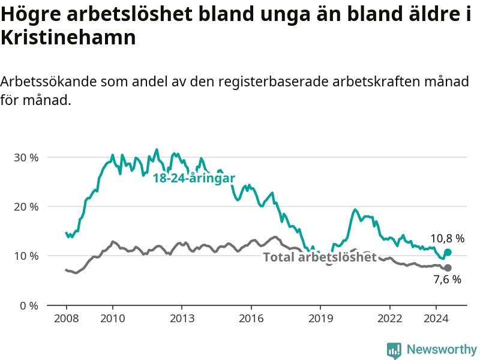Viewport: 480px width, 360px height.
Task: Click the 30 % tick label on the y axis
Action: tap(26, 158)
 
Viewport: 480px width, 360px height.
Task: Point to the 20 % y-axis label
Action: tap(26, 207)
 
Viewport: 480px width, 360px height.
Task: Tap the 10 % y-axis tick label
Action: tap(26, 256)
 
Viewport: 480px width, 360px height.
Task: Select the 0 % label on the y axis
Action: tap(29, 305)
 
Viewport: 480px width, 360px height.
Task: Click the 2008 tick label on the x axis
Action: tap(67, 319)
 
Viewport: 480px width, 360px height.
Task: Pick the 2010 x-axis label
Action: tap(113, 319)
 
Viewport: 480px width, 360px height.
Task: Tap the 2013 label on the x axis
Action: tap(182, 319)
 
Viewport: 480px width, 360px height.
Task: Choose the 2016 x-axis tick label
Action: tap(251, 319)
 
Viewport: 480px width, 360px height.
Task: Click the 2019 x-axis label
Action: tap(320, 319)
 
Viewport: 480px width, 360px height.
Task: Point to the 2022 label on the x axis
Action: tap(389, 319)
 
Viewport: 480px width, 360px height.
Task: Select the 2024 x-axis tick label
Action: tap(436, 319)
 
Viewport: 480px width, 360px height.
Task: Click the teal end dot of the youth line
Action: tap(448, 252)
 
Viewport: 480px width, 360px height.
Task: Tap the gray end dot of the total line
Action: tap(448, 268)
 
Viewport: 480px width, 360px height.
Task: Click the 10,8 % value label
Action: tap(447, 238)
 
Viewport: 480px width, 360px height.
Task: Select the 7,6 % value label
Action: tap(447, 279)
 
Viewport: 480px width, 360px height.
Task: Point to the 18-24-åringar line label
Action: tap(194, 178)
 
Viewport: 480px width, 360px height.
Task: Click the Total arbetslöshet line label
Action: tap(320, 257)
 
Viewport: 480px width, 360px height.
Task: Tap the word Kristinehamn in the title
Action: tap(68, 38)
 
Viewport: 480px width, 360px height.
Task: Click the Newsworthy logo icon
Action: tap(394, 350)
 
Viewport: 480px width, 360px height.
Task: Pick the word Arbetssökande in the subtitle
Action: tap(49, 82)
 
